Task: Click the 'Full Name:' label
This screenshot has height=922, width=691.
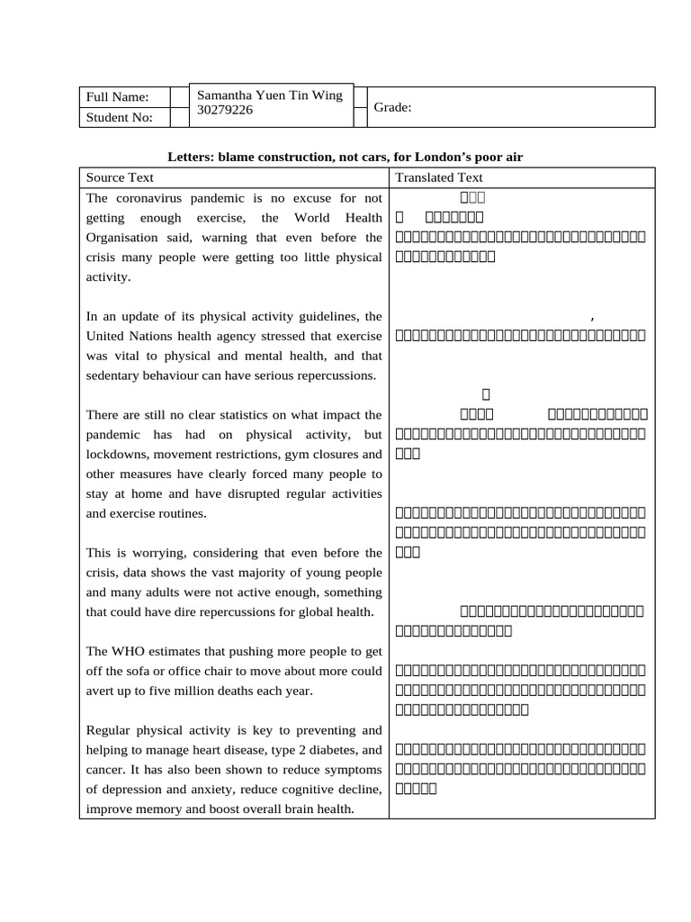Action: pyautogui.click(x=117, y=97)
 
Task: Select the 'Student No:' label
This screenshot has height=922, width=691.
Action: pyautogui.click(x=120, y=117)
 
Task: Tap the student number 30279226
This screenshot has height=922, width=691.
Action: pyautogui.click(x=225, y=111)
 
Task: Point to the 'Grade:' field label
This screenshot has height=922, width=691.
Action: pyautogui.click(x=393, y=107)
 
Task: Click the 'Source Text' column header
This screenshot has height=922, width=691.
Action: pyautogui.click(x=120, y=177)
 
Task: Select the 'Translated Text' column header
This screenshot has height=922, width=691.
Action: pyautogui.click(x=439, y=177)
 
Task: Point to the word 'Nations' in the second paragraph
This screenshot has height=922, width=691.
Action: pyautogui.click(x=153, y=336)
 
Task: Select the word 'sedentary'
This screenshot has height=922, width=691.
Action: pyautogui.click(x=114, y=375)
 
